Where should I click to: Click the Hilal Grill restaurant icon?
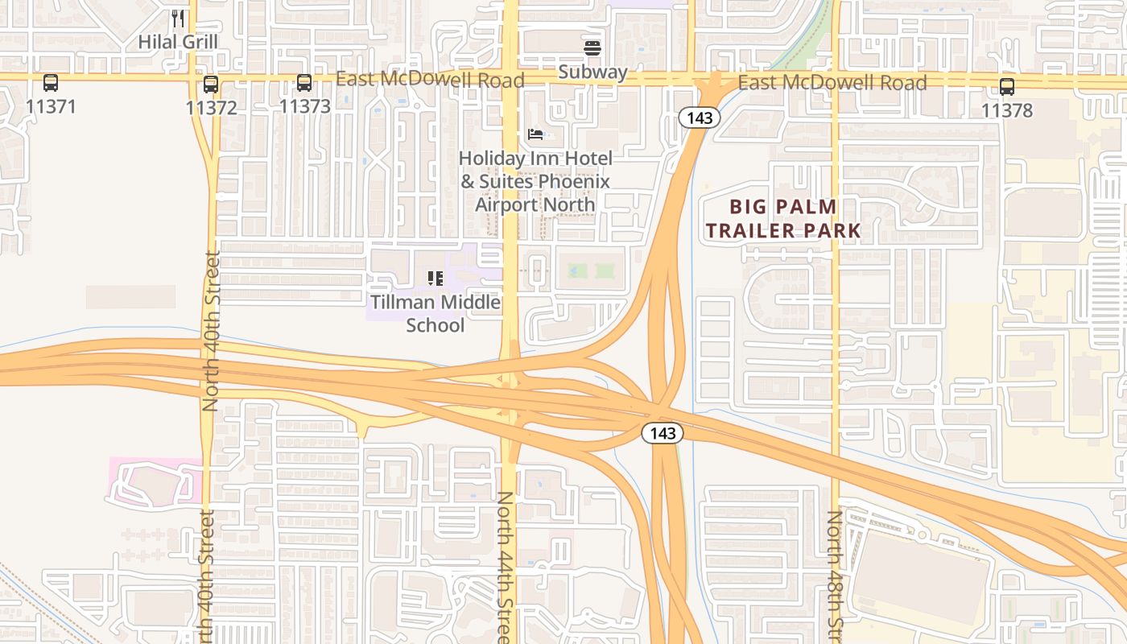(179, 18)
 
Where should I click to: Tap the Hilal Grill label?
(178, 41)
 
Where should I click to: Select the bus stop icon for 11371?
(51, 83)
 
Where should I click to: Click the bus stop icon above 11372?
(211, 84)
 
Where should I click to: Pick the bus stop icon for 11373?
(304, 83)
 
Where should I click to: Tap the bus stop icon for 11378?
(1007, 87)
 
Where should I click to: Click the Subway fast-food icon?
(592, 48)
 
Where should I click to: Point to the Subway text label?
(592, 72)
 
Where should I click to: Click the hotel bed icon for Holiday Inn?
(535, 134)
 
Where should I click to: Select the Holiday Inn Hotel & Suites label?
(535, 181)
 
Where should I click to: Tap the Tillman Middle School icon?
(436, 279)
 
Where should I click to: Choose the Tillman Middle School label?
(436, 314)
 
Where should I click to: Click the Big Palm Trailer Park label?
(783, 219)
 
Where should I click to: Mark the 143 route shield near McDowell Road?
(699, 118)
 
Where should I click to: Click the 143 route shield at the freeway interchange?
(663, 433)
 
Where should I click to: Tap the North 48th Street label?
(835, 576)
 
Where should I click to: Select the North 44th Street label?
(505, 568)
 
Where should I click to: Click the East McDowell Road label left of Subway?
(430, 79)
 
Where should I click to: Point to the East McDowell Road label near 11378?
(832, 82)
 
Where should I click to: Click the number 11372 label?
(211, 107)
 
